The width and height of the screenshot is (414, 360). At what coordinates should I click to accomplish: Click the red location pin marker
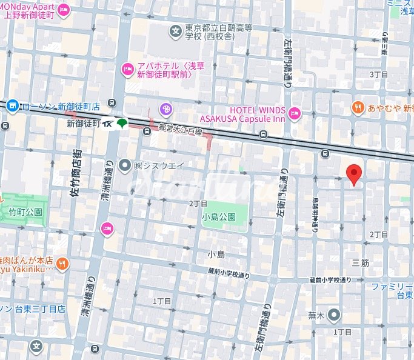click(355, 174)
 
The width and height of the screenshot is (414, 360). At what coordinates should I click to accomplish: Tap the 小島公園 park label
click(217, 215)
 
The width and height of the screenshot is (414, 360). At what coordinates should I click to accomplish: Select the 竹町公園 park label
click(25, 212)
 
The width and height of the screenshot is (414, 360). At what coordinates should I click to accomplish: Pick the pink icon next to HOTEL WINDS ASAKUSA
click(294, 113)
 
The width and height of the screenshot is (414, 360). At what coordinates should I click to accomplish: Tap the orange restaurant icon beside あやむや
click(358, 108)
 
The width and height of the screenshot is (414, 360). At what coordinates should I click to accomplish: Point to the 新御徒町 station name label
click(84, 123)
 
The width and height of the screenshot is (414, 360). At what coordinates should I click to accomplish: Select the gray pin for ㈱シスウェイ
click(125, 165)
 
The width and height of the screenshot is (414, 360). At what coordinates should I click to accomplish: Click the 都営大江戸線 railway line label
click(179, 129)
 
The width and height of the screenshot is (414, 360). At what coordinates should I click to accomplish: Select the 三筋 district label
click(360, 263)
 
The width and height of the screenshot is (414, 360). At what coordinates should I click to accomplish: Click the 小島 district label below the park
click(216, 255)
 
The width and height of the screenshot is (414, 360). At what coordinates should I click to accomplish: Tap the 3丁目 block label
click(379, 74)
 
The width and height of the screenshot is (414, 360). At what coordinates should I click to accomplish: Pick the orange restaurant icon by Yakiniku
click(62, 263)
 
